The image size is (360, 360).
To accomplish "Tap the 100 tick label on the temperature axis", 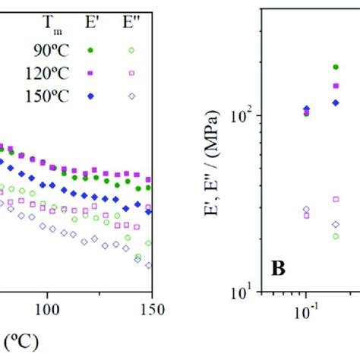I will coord(46,311).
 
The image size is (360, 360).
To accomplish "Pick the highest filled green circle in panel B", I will coord(336,67).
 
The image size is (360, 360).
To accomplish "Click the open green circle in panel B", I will coord(336,236).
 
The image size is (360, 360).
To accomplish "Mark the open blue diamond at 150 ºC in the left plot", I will coord(148,265).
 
